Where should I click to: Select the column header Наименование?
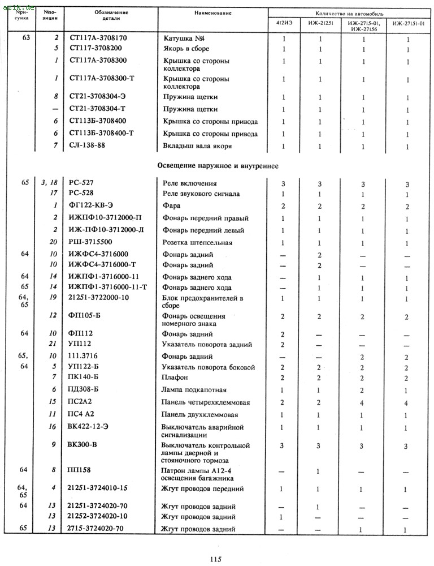point(210,12)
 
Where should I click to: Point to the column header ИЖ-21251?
point(320,24)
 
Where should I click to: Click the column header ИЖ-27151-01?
point(409,24)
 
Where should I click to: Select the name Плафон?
point(175,378)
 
